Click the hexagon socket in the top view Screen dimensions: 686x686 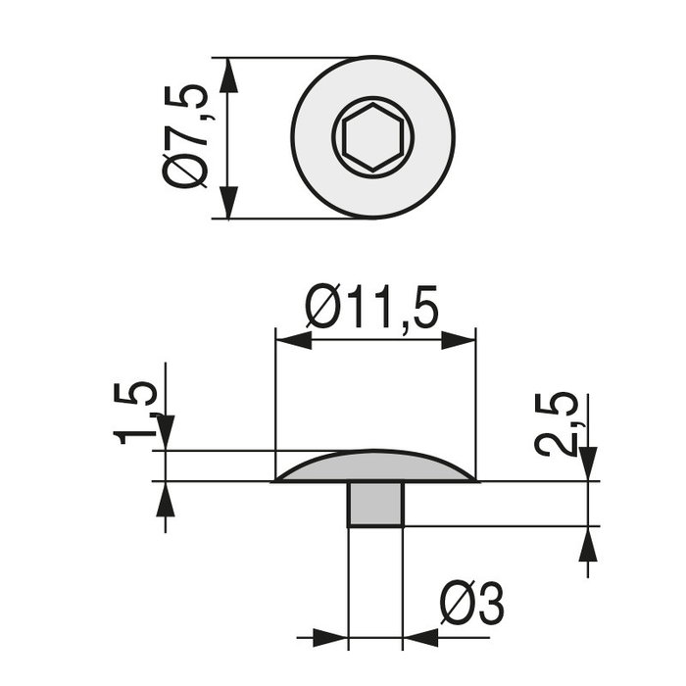coord(372,137)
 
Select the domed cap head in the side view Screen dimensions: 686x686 coord(375,467)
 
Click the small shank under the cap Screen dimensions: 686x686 coord(375,504)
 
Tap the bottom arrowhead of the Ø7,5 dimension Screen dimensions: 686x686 coord(228,200)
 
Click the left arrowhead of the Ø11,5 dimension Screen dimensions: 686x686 coord(293,341)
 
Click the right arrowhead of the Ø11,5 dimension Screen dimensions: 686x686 coord(459,341)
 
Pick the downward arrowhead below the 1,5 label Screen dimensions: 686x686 coord(165,432)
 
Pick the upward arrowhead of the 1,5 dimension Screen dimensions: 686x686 coord(165,500)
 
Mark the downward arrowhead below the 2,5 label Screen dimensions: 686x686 coord(588,462)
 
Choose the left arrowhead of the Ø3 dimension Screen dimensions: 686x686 coord(331,638)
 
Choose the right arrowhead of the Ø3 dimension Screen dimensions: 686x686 coord(421,638)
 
